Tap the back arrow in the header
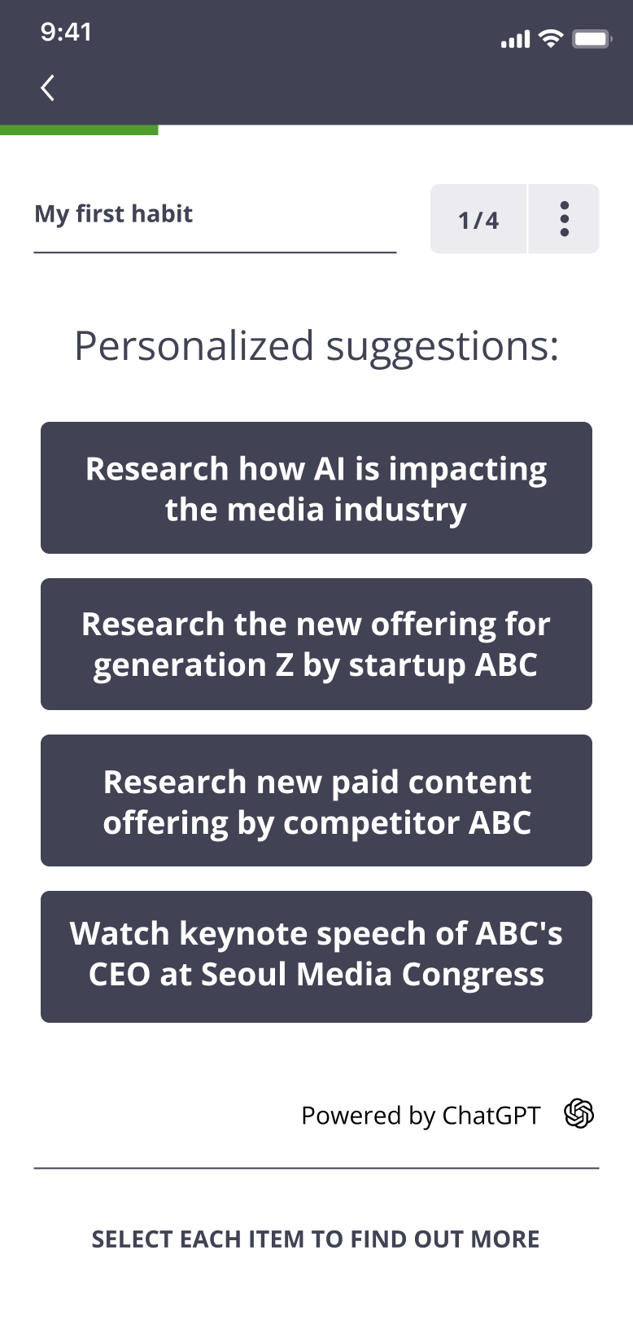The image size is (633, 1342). [x=47, y=88]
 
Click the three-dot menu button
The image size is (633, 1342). [x=564, y=219]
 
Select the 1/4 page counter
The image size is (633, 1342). [x=478, y=219]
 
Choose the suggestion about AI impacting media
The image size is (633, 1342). [x=316, y=488]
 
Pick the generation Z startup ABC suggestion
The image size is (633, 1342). [x=316, y=644]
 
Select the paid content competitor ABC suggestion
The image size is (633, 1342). [x=316, y=800]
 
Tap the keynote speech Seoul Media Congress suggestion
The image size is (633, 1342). [x=316, y=957]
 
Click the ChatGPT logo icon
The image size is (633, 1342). [x=579, y=1114]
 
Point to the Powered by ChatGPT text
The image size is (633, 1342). [x=421, y=1116]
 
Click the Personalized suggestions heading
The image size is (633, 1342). [x=316, y=347]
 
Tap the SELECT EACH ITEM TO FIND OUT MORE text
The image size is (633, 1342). [x=316, y=1239]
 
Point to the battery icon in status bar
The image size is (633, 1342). [x=592, y=40]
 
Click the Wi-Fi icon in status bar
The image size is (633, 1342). [x=550, y=38]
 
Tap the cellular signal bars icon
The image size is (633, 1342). [x=516, y=40]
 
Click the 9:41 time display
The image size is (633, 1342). [x=66, y=33]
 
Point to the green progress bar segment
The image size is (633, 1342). [x=79, y=130]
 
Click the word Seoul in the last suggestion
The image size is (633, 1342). [x=244, y=974]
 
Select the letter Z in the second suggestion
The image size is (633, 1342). [x=285, y=665]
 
